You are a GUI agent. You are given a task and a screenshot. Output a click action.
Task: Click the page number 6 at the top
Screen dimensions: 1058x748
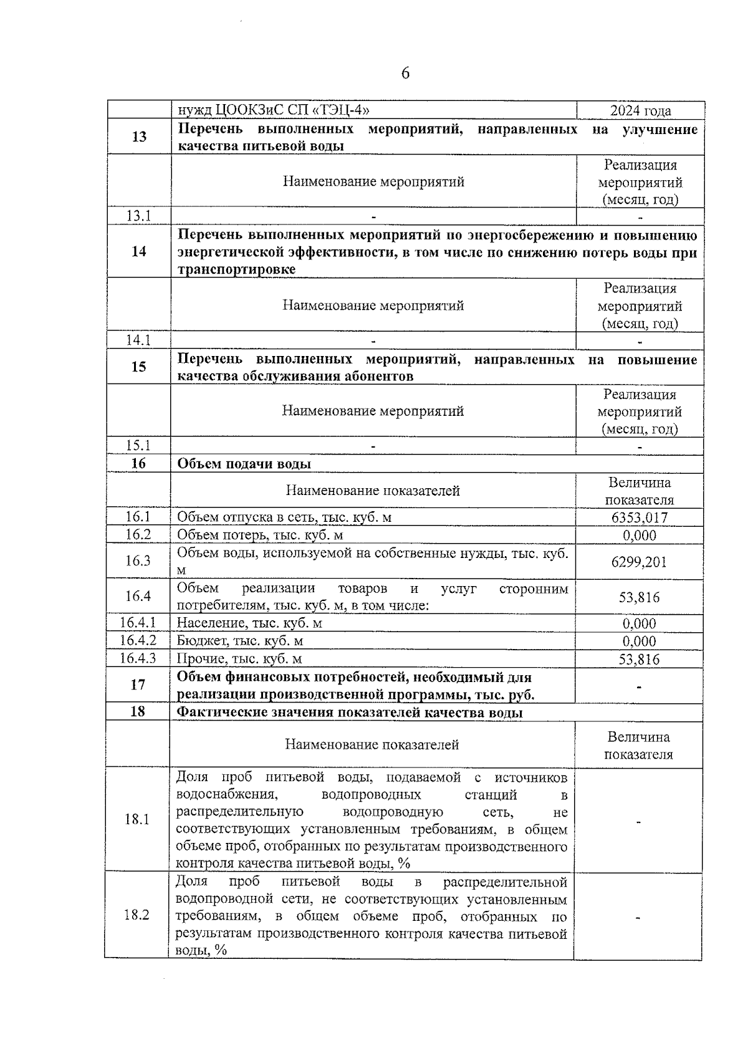[405, 74]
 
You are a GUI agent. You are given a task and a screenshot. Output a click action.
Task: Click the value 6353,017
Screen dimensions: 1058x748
[640, 517]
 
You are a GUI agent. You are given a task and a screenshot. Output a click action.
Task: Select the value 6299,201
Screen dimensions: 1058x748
[640, 562]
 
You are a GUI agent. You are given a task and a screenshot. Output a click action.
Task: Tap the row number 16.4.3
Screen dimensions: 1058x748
[138, 658]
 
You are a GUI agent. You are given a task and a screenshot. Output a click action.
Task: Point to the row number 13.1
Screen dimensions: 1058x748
[138, 216]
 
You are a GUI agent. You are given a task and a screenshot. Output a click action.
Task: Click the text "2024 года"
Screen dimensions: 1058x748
[640, 111]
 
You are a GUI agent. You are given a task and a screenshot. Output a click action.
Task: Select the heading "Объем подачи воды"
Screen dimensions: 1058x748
[244, 464]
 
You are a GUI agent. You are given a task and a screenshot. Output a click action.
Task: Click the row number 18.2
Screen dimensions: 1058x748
[137, 915]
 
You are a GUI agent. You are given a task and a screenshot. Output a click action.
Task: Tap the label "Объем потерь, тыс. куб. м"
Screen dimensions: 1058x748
[260, 535]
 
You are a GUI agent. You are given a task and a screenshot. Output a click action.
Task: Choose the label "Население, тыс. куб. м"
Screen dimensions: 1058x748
[249, 623]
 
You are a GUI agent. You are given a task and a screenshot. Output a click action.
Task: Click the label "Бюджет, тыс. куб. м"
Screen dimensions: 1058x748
[240, 641]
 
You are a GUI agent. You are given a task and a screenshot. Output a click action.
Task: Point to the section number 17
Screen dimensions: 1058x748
[138, 685]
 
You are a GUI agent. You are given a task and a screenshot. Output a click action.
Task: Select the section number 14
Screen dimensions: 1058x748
[139, 251]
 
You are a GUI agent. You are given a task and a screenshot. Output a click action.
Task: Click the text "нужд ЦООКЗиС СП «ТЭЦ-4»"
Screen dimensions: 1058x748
[274, 110]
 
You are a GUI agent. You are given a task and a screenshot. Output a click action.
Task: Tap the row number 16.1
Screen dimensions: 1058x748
[138, 517]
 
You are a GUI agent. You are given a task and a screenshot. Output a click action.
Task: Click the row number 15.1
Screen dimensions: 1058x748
[138, 445]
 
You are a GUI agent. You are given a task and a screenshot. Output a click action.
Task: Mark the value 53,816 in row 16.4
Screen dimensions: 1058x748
[639, 597]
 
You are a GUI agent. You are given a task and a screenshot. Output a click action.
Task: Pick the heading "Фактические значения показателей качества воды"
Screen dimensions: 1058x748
[350, 712]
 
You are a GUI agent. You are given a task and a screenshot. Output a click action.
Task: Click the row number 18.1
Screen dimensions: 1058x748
[137, 819]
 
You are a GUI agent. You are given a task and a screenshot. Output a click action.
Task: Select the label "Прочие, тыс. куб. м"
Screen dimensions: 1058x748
[239, 658]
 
